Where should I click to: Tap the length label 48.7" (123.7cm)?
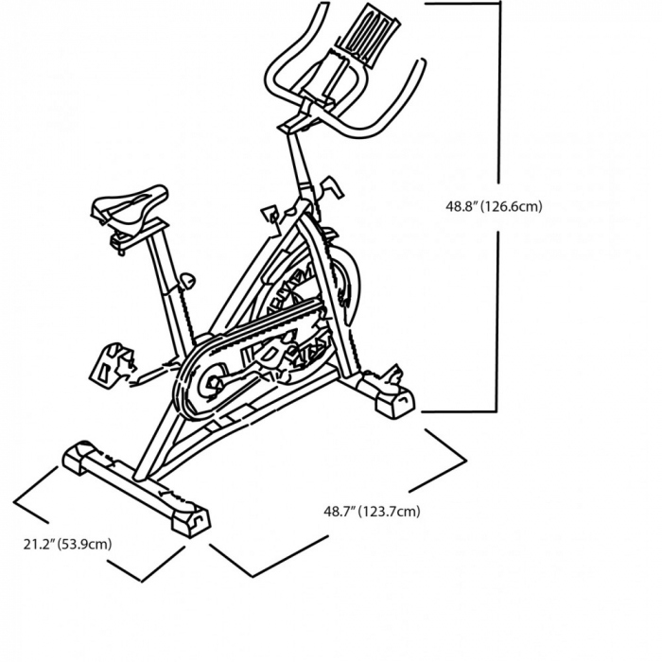372,512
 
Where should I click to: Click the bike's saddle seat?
129,203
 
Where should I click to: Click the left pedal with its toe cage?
112,364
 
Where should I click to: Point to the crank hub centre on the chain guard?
215,383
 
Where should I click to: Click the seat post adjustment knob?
187,280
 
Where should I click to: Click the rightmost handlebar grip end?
419,66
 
